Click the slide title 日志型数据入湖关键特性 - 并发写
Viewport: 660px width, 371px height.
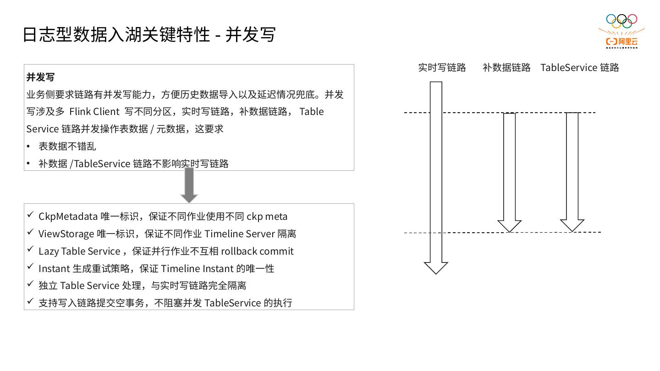[149, 35]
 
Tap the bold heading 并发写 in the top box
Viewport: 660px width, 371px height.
[40, 77]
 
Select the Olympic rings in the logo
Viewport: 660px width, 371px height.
[621, 21]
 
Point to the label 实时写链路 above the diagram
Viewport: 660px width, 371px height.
[442, 68]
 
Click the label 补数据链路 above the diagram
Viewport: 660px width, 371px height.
[506, 68]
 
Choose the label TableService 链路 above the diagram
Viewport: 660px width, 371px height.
[579, 68]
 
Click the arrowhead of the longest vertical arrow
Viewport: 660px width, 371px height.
[436, 267]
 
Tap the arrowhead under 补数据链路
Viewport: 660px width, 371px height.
[509, 226]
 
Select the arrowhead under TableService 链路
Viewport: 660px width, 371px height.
[572, 225]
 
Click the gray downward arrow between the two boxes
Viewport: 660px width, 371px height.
[189, 185]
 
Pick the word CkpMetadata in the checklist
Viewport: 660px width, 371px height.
[68, 216]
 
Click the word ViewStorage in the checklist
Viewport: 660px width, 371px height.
[66, 234]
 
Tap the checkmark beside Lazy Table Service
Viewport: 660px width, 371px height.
[30, 249]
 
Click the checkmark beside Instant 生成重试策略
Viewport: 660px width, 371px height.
[30, 267]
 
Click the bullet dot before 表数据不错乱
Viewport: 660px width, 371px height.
[28, 147]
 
